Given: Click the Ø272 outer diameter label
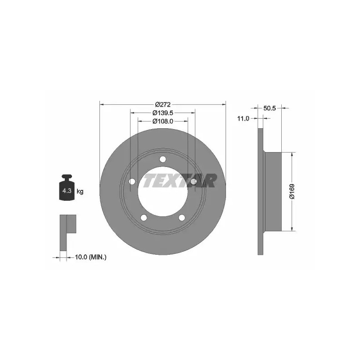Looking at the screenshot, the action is (163, 104).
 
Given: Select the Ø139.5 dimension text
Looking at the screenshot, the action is (163, 113).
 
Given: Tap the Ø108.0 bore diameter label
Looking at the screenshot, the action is (163, 121).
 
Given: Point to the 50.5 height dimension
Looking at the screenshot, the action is (270, 108).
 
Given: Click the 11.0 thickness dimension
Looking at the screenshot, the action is (243, 118).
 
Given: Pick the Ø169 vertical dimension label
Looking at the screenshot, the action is (292, 191).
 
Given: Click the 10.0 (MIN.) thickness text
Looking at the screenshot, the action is (91, 257).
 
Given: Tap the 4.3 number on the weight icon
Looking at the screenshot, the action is (67, 190).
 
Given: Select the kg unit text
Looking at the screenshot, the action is (80, 191).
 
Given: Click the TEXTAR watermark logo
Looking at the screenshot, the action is (179, 180).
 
